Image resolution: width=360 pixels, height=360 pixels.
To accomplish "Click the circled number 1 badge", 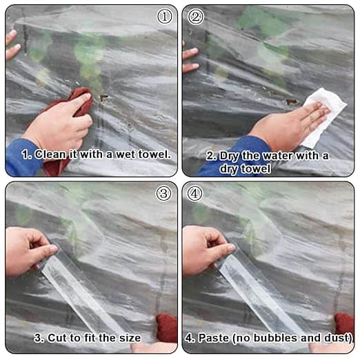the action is [164, 17].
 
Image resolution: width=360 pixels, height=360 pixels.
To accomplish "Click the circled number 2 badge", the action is [195, 17].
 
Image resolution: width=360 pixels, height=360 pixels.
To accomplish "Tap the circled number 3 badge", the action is [163, 194].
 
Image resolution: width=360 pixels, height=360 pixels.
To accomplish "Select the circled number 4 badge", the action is [194, 194].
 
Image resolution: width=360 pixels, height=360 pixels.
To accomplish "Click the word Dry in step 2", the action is [228, 157].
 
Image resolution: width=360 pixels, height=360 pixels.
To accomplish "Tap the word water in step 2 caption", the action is [279, 156].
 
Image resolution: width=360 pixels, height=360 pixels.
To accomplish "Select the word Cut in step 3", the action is [57, 338].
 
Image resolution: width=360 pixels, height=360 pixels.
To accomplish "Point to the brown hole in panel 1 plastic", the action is [103, 97].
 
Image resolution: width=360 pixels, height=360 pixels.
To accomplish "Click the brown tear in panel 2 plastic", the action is [292, 101].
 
